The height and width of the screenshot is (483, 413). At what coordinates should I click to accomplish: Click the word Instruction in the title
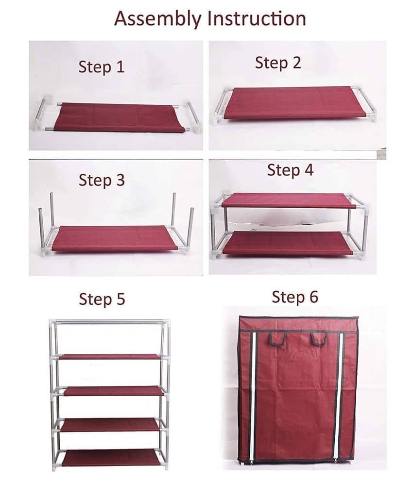pos(257,18)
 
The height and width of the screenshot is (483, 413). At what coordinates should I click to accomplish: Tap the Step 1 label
pos(102,67)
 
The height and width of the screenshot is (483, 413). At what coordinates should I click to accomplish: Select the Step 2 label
pos(278,63)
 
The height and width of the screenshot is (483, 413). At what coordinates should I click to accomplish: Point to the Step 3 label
pos(102,180)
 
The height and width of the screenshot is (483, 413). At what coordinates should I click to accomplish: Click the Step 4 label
pos(290,170)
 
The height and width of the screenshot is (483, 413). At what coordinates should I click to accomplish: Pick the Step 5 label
pos(102,300)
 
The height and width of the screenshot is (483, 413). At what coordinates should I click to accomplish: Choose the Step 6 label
pos(295,297)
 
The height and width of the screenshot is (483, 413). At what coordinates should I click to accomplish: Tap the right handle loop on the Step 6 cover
pos(319,338)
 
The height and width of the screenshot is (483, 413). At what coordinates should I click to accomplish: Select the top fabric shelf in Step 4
pos(288,200)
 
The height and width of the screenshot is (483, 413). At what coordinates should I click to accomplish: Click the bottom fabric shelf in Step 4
pos(288,243)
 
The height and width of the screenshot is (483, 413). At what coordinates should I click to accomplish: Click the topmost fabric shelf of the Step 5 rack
pos(110,357)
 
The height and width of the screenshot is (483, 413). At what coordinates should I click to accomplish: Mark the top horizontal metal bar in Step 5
pos(109,322)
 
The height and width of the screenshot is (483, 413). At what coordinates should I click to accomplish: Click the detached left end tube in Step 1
pos(40,115)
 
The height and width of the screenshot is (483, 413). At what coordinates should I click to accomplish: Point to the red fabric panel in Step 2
pos(294,102)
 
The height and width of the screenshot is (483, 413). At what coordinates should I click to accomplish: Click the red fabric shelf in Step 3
pos(115,238)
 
